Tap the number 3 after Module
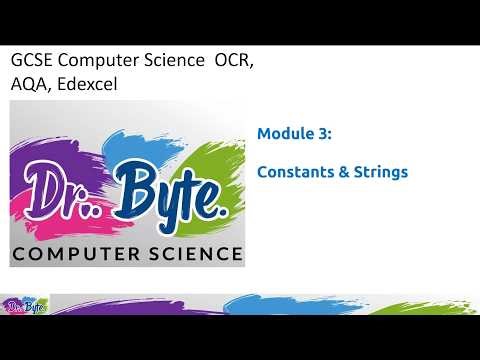click(x=321, y=132)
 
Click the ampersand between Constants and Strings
click(x=343, y=172)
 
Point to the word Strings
click(x=380, y=172)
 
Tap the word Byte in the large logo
click(x=170, y=190)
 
